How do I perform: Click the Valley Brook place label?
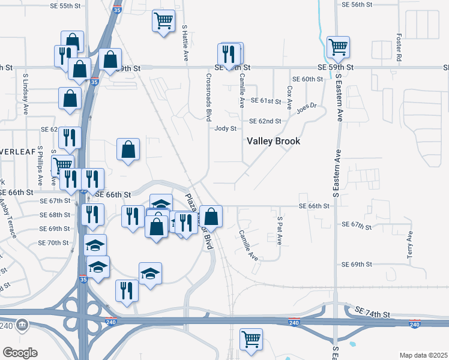(x=274, y=141)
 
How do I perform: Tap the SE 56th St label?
(x=357, y=4)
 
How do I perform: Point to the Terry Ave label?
(x=410, y=245)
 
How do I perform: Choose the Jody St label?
(x=226, y=128)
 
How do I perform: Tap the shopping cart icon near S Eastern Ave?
(x=338, y=46)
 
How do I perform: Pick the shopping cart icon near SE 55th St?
(x=163, y=21)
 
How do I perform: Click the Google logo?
(x=20, y=353)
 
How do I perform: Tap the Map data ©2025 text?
(x=424, y=355)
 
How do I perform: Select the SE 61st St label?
(x=267, y=100)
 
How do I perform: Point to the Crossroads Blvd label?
(x=209, y=96)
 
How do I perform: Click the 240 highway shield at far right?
(x=414, y=324)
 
